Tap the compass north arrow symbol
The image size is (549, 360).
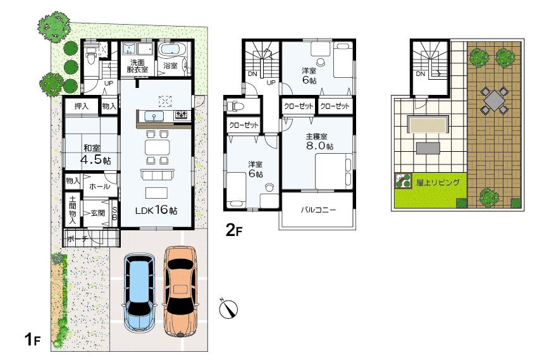pyautogui.click(x=228, y=308)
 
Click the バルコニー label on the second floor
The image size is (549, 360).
pyautogui.click(x=317, y=209)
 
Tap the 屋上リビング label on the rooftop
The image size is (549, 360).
pyautogui.click(x=438, y=182)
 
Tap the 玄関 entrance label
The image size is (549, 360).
pyautogui.click(x=97, y=213)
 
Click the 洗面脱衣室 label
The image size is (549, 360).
pyautogui.click(x=137, y=66)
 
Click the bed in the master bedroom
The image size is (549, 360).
pyautogui.click(x=333, y=170)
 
